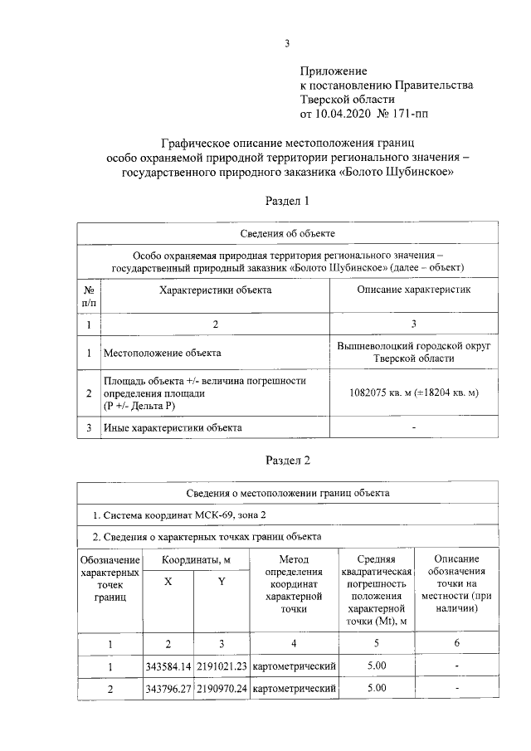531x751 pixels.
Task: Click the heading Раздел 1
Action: coord(287,201)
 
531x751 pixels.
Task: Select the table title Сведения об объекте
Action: coord(287,234)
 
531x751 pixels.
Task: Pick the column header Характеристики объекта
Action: coord(215,290)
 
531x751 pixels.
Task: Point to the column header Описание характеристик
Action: coord(413,290)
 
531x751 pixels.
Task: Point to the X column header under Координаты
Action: coord(168,582)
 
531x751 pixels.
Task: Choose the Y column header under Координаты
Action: coord(221,582)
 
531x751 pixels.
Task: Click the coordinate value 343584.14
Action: coord(168,666)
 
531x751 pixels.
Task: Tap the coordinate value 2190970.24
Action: coord(221,689)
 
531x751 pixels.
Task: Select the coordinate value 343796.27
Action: coord(168,689)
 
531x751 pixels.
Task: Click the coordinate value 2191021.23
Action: coord(221,666)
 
